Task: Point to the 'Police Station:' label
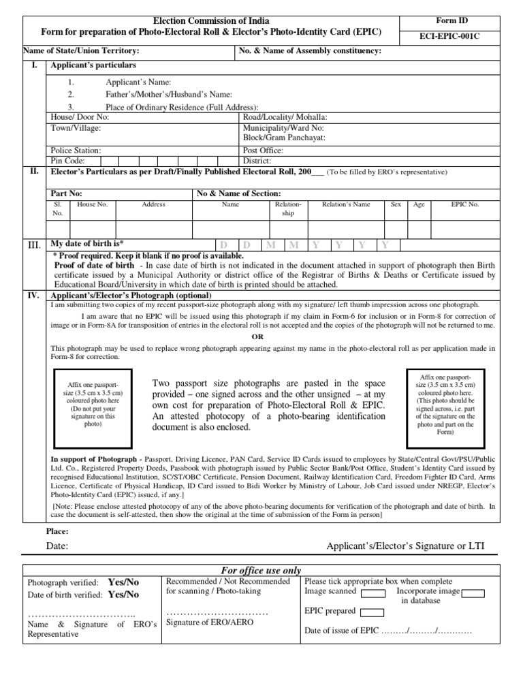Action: [76, 151]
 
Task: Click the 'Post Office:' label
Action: [263, 151]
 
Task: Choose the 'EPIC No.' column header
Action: [465, 204]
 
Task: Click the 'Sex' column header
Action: [395, 204]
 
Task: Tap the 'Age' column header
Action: [419, 204]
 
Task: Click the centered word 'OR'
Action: [257, 337]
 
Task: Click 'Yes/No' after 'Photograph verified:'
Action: [123, 582]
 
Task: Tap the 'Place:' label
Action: [57, 531]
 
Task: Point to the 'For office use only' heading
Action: [261, 571]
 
